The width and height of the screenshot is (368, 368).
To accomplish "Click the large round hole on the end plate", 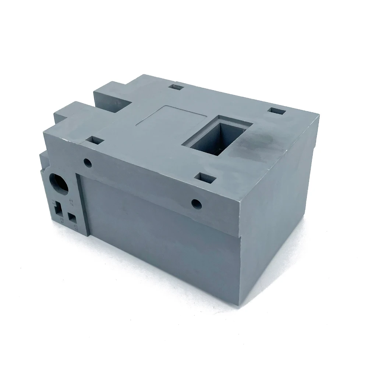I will click(x=59, y=183).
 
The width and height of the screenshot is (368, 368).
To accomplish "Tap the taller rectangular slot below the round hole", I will click(x=58, y=209).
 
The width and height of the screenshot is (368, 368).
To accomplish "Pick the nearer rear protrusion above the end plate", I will click(x=70, y=110).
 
